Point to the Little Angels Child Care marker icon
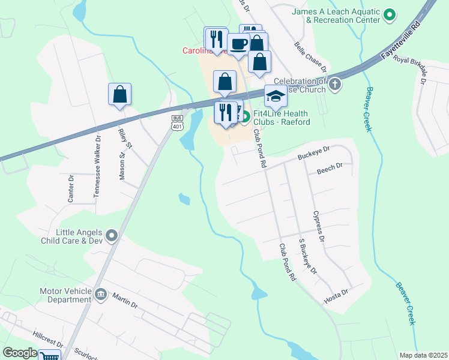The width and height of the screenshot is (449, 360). point(111,236)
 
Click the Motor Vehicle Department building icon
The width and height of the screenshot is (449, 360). point(100,294)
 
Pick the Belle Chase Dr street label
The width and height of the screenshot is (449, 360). point(310,55)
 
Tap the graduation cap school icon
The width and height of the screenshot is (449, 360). point(276,95)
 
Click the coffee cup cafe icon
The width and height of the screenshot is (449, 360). point(238,43)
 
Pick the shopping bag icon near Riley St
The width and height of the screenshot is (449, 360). point(119,94)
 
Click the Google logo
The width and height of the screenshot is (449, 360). point(20,353)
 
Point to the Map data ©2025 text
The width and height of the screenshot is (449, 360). point(423,355)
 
